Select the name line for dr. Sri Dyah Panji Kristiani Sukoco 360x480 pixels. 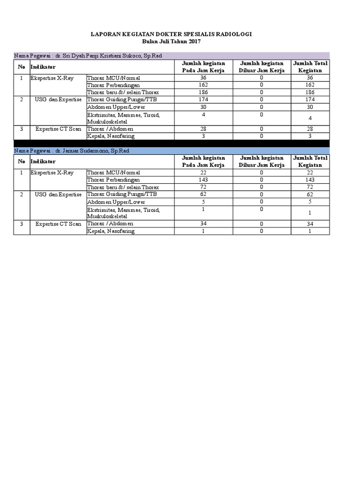click(x=88, y=56)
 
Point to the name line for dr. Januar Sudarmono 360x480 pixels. click(x=72, y=150)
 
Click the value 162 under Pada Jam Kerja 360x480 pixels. click(x=203, y=85)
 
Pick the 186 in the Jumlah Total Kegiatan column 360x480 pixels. click(x=310, y=92)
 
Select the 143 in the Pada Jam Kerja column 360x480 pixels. click(x=203, y=180)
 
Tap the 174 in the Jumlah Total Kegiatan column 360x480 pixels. click(x=310, y=100)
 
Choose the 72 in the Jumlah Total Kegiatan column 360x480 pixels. click(x=310, y=187)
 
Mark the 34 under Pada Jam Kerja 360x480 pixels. click(x=203, y=224)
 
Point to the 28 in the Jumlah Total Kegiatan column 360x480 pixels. click(x=310, y=129)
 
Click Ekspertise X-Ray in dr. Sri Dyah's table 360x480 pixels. click(x=52, y=78)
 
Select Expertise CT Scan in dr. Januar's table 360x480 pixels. click(x=58, y=224)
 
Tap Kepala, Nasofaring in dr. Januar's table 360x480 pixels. click(x=111, y=231)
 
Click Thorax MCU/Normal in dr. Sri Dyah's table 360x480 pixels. click(x=114, y=78)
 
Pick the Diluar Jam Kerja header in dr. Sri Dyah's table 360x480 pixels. click(x=262, y=67)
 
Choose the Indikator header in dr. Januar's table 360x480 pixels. click(x=43, y=161)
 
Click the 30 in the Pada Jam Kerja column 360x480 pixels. click(x=203, y=107)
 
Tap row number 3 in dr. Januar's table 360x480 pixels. click(x=22, y=224)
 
